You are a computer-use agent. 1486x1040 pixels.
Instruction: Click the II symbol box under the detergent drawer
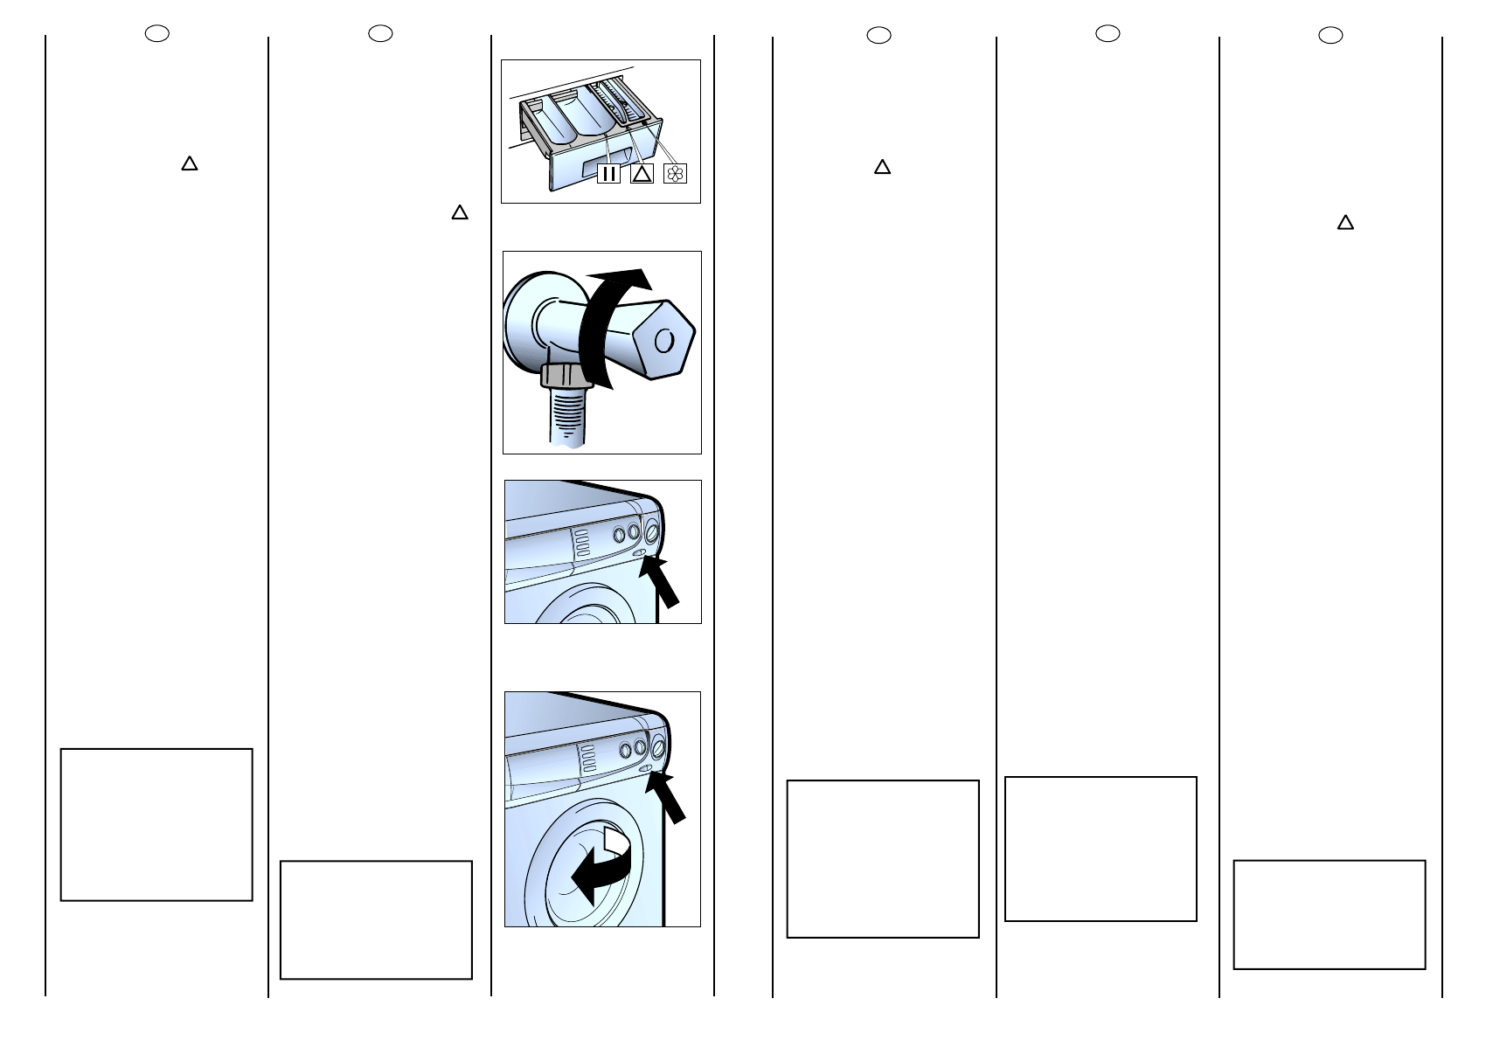608,173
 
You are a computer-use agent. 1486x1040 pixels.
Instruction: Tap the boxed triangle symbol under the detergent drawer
642,173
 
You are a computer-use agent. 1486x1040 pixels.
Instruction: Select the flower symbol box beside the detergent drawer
676,173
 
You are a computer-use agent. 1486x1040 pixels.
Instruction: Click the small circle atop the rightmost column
1330,35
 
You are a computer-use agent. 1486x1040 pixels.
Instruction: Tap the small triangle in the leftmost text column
189,163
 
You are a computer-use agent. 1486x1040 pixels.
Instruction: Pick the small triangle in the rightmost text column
1345,223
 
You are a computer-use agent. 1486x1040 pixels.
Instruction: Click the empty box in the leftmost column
156,824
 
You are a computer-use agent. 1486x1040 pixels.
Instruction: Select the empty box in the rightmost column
1329,914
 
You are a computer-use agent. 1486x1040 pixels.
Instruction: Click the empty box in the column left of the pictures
376,919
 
